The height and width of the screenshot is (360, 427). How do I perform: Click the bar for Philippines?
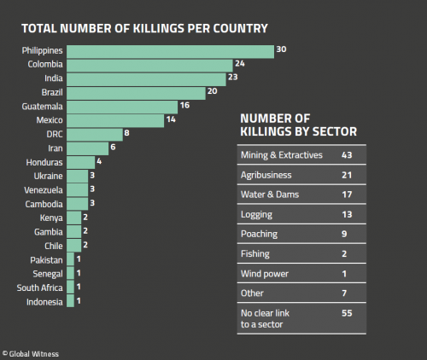click(x=170, y=51)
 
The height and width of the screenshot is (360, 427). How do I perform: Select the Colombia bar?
click(x=149, y=65)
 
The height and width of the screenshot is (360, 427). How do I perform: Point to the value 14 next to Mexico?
click(x=171, y=120)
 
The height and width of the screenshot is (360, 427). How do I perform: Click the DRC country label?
click(x=54, y=135)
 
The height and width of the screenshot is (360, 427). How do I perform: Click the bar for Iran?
click(x=87, y=148)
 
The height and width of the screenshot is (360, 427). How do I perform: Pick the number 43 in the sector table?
click(x=347, y=154)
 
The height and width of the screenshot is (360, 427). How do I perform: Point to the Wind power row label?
click(x=264, y=273)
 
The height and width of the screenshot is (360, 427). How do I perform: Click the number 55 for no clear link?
click(x=347, y=314)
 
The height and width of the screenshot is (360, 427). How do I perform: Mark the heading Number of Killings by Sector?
click(x=298, y=125)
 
